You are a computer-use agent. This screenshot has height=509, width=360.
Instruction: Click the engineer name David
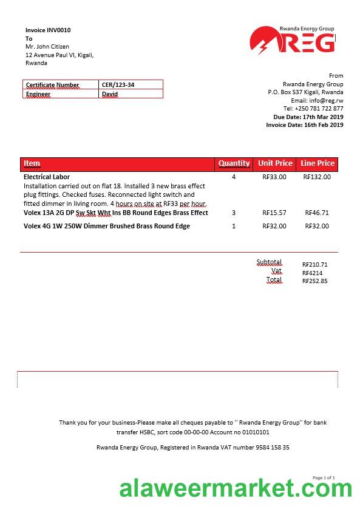110,94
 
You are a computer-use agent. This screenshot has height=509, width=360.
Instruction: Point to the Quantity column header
234,163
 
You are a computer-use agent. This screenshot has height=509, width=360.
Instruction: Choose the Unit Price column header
275,163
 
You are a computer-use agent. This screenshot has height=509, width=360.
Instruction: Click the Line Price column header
318,163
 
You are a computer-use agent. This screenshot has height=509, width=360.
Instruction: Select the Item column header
32,163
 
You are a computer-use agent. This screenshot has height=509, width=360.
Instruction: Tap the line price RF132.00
317,177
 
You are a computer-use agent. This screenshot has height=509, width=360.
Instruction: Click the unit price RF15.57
274,213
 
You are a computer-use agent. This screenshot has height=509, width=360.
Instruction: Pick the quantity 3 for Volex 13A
234,213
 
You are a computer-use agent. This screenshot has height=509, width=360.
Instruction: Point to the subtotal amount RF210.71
314,265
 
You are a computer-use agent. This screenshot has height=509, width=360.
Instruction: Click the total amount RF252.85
314,281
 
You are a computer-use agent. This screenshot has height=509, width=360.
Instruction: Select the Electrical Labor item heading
47,177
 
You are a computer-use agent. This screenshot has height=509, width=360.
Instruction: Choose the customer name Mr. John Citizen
47,47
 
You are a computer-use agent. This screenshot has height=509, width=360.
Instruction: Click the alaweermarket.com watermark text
236,488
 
